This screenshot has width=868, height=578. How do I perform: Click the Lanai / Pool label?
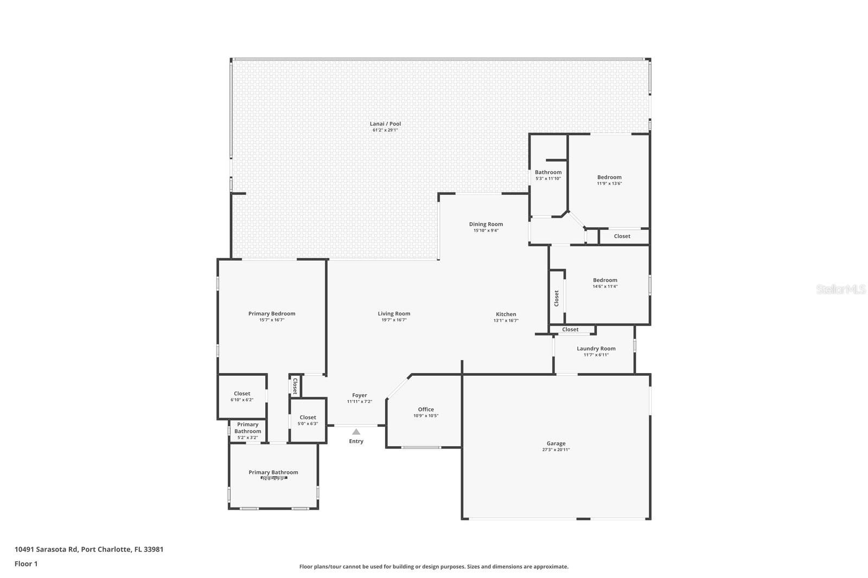point(385,124)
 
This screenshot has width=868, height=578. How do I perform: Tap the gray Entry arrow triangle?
point(356,432)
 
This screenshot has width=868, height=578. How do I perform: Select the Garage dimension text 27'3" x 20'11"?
point(556,449)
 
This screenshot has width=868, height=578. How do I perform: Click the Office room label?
point(426,409)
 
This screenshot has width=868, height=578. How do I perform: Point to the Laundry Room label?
point(596,349)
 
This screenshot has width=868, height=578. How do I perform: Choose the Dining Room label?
point(486,224)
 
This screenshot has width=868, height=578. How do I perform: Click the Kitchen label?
point(506,314)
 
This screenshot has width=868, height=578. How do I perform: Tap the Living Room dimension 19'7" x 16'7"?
point(394,320)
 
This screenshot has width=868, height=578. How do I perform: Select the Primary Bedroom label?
point(272,313)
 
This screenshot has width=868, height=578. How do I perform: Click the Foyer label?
point(359,395)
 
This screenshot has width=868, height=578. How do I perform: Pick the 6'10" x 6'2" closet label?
point(242,394)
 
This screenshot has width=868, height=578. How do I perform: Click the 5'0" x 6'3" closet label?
point(308,418)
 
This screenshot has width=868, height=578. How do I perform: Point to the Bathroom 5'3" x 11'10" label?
point(548,172)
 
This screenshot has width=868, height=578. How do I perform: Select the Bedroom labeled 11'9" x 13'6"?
point(609,177)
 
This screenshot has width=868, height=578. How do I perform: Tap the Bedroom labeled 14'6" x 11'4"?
point(605,280)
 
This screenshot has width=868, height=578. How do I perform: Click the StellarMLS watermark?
point(841,290)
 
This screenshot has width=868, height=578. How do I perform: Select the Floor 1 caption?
point(26,563)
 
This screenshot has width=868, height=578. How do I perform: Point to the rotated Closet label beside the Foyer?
point(295,386)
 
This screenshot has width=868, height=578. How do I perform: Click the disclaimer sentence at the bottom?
point(434,567)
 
